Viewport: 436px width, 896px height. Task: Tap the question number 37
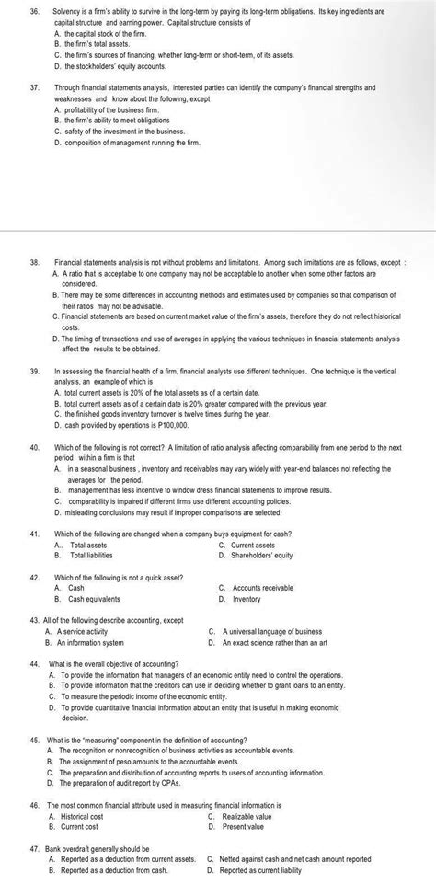coord(34,86)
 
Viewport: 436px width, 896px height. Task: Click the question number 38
coord(34,262)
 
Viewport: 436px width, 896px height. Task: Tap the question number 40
coord(34,446)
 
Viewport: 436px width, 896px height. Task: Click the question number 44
coord(34,663)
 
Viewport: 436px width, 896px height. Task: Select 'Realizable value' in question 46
coord(247,815)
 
